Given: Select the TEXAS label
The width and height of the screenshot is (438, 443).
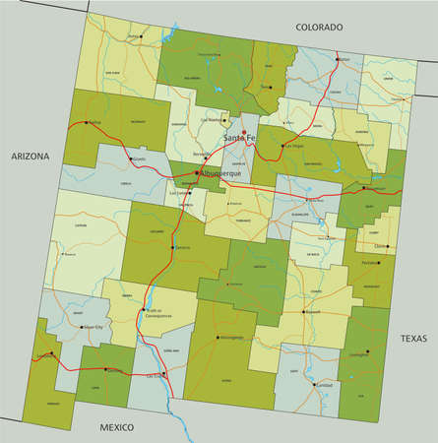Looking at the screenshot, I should [x=413, y=338].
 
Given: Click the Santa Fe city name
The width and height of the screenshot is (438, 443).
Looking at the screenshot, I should [x=239, y=140].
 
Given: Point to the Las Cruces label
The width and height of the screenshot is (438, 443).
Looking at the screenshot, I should [x=156, y=375].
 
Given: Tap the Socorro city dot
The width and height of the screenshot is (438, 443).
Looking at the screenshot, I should [x=173, y=246].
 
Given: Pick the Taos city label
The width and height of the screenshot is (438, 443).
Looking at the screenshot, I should [x=265, y=88].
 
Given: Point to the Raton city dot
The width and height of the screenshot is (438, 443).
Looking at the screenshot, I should [x=338, y=58].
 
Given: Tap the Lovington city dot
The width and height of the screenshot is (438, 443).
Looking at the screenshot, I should [x=365, y=351].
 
